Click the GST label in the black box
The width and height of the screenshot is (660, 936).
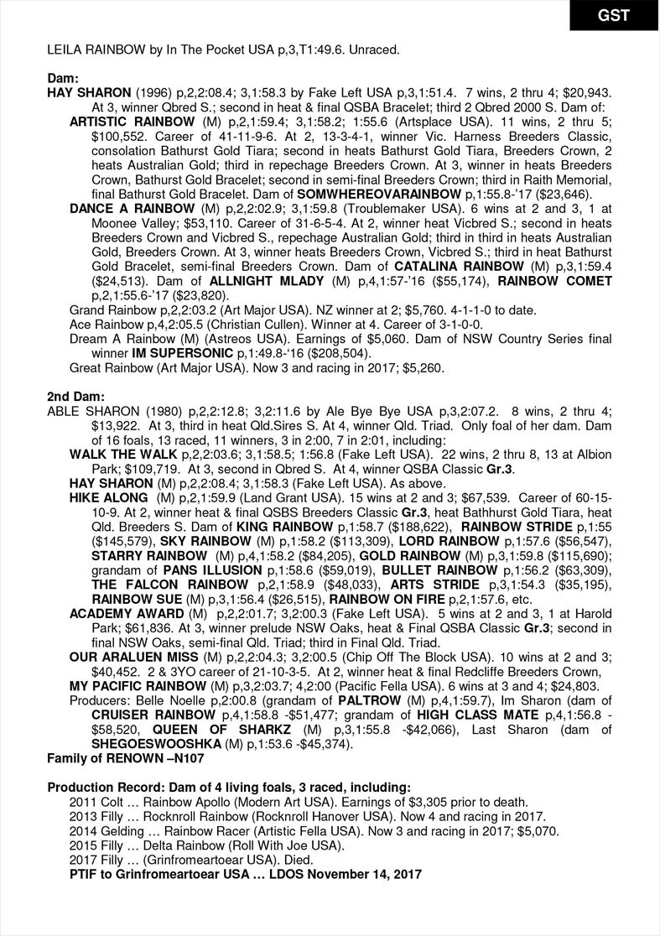pyautogui.click(x=614, y=15)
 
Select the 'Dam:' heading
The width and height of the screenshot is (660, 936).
pyautogui.click(x=63, y=77)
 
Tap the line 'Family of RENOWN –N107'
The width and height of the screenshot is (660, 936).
pyautogui.click(x=125, y=757)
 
